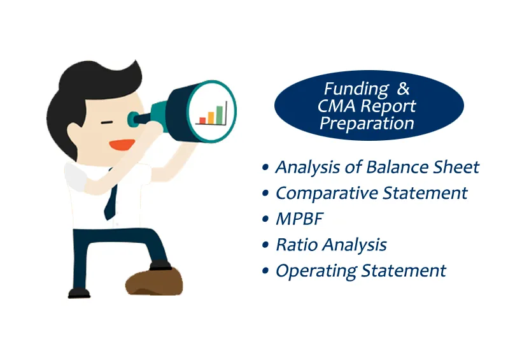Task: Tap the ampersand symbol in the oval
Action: tap(404, 89)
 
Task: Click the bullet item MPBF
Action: tap(299, 219)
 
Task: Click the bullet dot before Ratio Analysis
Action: tap(265, 245)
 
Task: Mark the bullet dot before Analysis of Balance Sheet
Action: tap(265, 168)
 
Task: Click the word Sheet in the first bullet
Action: tap(456, 167)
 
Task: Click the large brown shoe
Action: tap(153, 281)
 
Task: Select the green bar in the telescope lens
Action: tap(220, 114)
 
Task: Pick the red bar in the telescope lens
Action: tap(202, 120)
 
